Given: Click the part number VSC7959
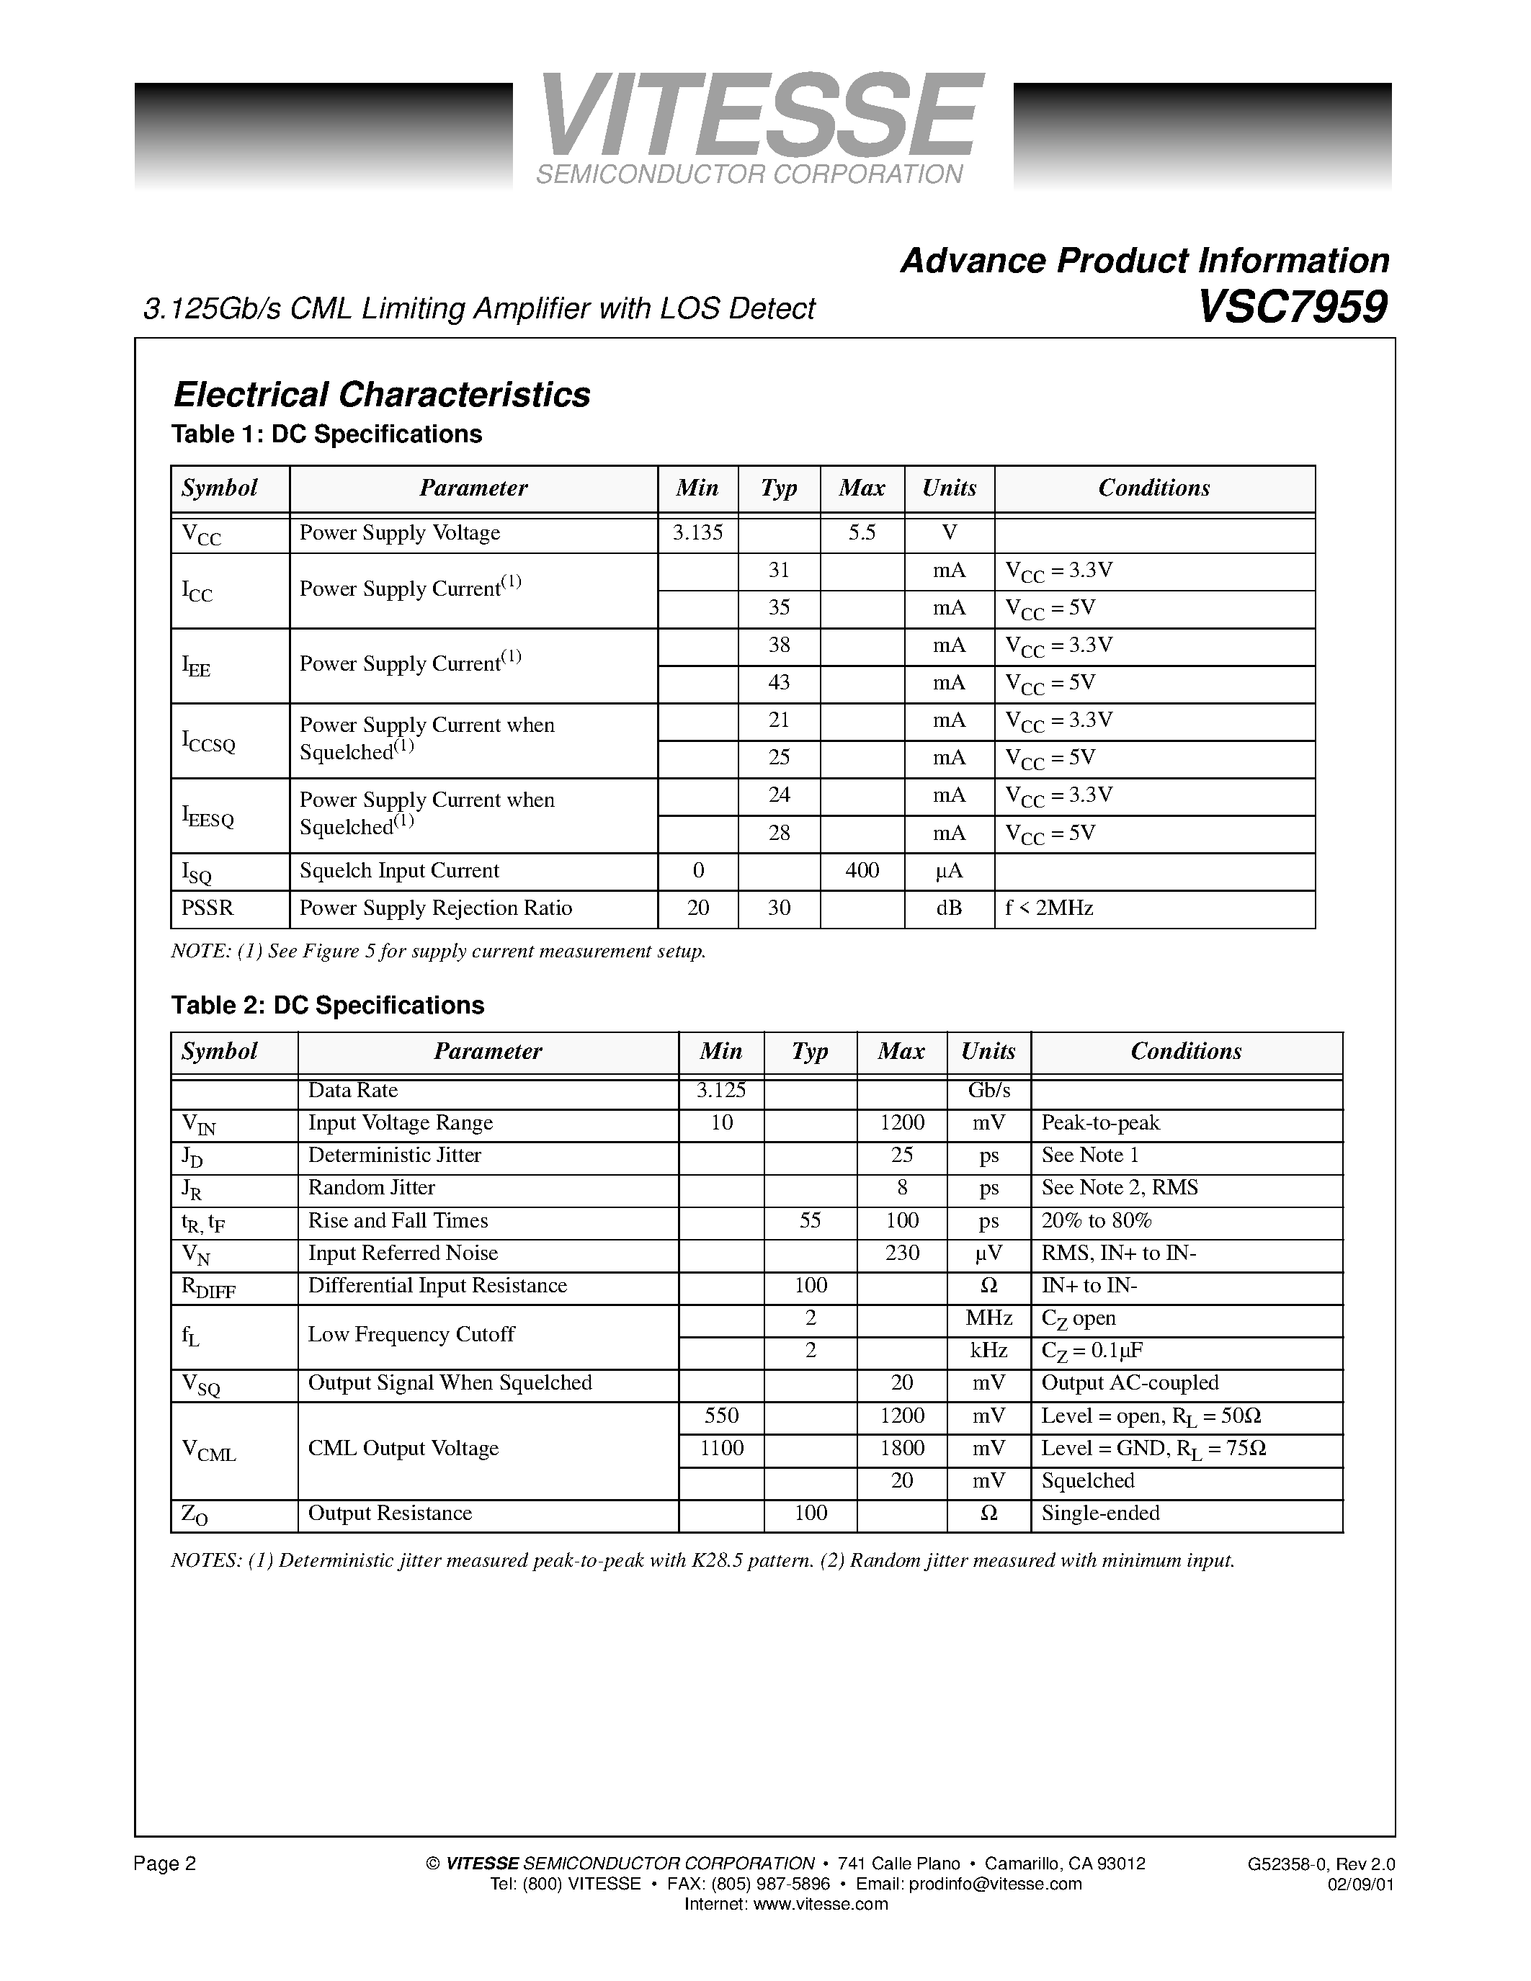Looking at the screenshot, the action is tap(1292, 307).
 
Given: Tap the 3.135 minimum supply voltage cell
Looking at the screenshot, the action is tap(697, 532).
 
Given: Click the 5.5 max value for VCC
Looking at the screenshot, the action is tap(862, 532).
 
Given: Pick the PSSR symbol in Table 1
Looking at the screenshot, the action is tap(207, 908).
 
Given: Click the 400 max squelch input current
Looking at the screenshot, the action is tap(862, 871).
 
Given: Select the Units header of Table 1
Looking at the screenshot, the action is tap(949, 488).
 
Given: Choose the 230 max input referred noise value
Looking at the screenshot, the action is tap(901, 1253).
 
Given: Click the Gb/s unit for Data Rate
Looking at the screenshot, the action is tap(988, 1091).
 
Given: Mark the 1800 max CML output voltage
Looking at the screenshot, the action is tap(901, 1449).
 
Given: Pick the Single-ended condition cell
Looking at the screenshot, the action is tap(1100, 1513).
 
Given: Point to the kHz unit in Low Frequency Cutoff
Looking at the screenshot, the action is tap(988, 1351).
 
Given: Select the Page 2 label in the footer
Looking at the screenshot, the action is tap(164, 1864).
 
